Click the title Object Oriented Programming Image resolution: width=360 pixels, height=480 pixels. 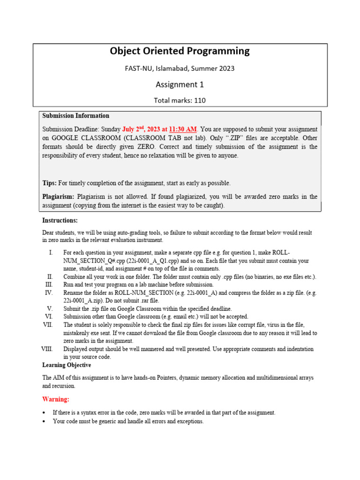[x=180, y=51]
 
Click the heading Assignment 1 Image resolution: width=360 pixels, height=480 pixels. [x=180, y=84]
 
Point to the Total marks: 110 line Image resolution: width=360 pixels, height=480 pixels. [x=180, y=100]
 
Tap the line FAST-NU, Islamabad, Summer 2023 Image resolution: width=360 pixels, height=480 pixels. [x=180, y=68]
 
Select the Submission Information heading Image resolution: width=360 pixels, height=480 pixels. [x=75, y=116]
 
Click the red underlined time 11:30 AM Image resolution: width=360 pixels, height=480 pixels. [x=180, y=129]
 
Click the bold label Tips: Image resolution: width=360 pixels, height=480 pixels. [x=50, y=183]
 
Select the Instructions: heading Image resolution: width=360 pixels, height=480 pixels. [x=60, y=220]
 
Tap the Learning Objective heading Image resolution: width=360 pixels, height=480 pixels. [x=67, y=365]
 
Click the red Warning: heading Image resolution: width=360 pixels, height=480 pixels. [x=56, y=399]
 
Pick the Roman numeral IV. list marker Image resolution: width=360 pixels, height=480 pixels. [x=49, y=292]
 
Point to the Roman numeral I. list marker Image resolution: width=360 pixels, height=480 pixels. [x=51, y=253]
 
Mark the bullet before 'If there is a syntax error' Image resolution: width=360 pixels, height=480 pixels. [x=44, y=412]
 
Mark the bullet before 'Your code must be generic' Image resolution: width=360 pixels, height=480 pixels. [x=44, y=421]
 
